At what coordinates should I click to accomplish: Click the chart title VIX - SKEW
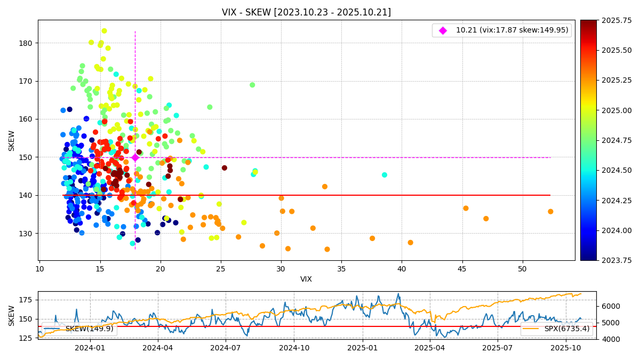tap(306, 12)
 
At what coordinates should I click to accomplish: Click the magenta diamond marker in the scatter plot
tap(135, 157)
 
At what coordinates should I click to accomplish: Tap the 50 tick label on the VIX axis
tap(522, 269)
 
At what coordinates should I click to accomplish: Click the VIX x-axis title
tap(306, 279)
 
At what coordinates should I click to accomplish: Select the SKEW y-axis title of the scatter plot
tap(12, 140)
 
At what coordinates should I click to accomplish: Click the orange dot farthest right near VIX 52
tap(550, 212)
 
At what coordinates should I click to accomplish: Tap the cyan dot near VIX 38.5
tap(385, 175)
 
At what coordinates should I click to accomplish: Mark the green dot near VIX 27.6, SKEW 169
tap(252, 85)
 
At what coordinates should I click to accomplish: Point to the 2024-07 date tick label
tap(225, 347)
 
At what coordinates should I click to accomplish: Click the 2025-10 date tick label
tap(565, 347)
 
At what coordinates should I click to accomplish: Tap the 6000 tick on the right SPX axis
tap(608, 306)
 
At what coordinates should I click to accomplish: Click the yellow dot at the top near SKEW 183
tap(104, 31)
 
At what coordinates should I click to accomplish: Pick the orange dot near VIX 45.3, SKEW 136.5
tap(466, 208)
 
